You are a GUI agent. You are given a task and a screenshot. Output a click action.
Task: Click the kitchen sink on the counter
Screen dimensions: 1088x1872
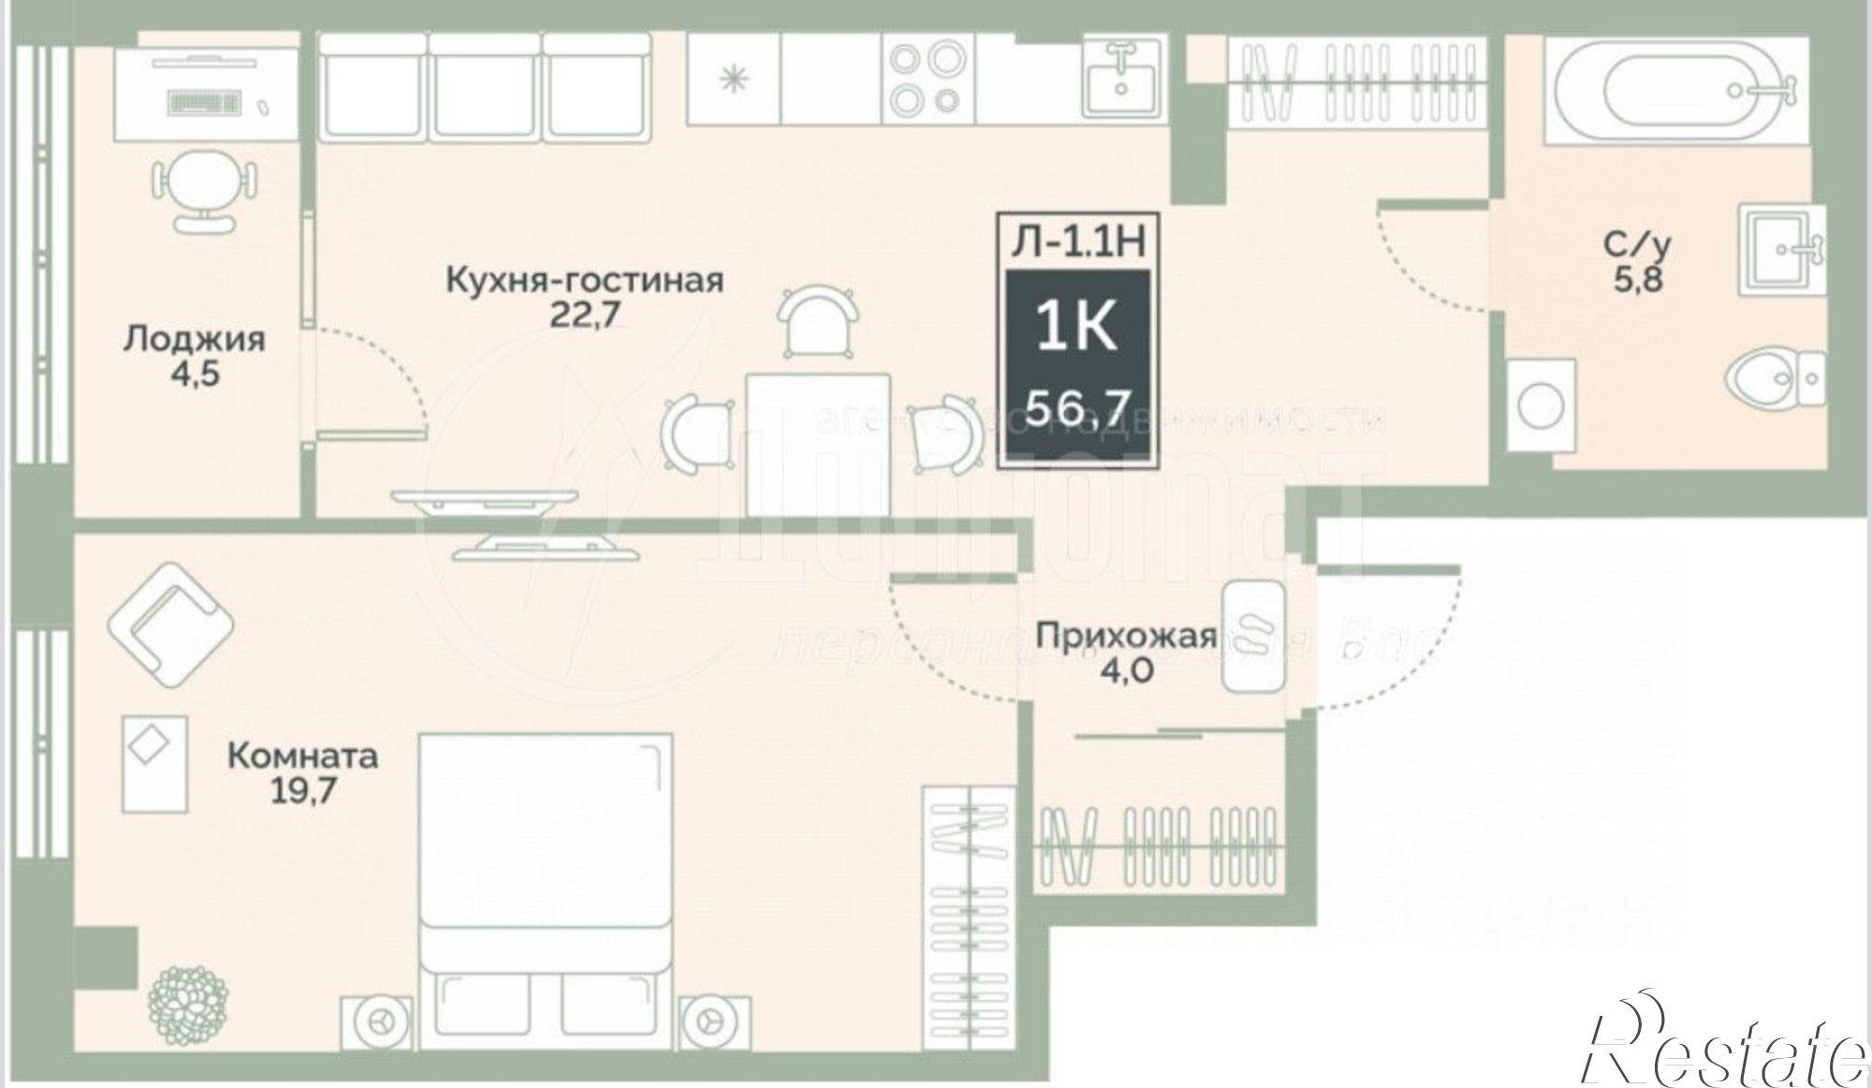pos(1122,79)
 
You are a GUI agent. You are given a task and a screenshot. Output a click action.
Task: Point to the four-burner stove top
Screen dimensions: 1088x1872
pos(925,79)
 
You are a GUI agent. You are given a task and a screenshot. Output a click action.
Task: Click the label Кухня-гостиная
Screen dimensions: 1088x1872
pos(584,280)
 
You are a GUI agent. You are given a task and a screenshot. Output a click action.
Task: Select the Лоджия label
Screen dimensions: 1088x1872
pos(195,339)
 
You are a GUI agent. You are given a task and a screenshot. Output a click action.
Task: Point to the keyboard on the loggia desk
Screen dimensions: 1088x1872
pos(203,98)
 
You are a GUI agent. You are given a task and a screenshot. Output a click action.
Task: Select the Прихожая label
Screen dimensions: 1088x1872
pos(1126,637)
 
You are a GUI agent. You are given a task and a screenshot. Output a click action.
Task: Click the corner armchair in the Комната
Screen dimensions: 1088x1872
pos(169,622)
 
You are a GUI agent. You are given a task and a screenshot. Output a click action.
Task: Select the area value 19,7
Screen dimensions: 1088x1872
pos(302,792)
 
